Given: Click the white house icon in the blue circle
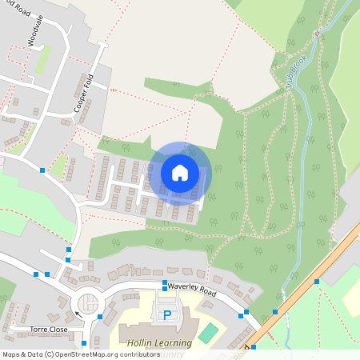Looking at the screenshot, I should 180,171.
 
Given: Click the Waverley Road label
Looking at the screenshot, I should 192,290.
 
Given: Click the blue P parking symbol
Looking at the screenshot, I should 168,315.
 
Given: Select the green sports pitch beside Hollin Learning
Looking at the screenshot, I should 208,333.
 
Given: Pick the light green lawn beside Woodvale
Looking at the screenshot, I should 42,58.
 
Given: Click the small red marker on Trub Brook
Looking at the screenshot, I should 317,34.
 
